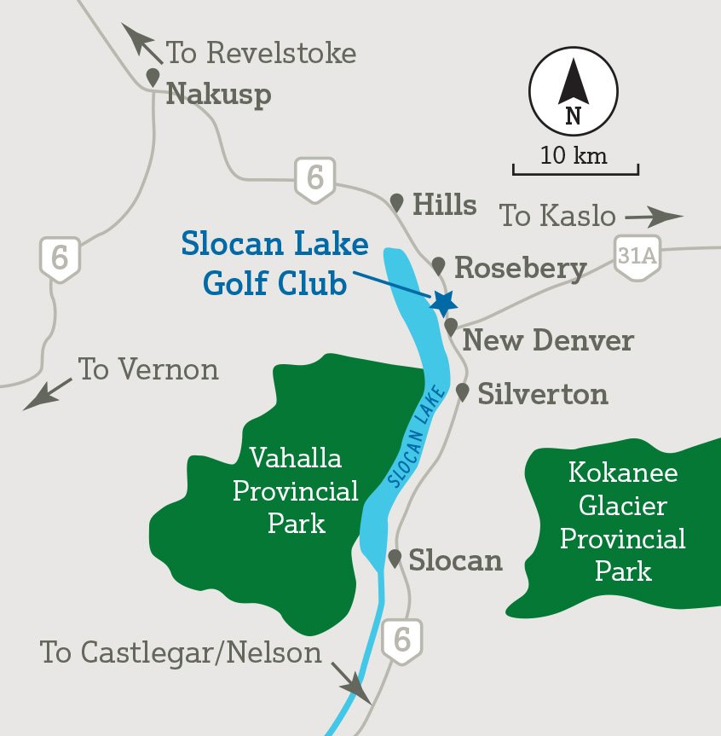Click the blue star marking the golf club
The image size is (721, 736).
pos(443,302)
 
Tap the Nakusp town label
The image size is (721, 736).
pos(218,93)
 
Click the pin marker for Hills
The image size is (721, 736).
pos(396,202)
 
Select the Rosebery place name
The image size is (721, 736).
pos(521,268)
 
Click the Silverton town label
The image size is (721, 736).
pos(543,394)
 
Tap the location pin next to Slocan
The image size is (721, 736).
pos(395,559)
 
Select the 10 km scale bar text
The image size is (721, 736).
pos(574,156)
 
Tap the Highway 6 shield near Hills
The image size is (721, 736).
pos(314,179)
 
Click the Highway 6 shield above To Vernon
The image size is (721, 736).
pos(60,258)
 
